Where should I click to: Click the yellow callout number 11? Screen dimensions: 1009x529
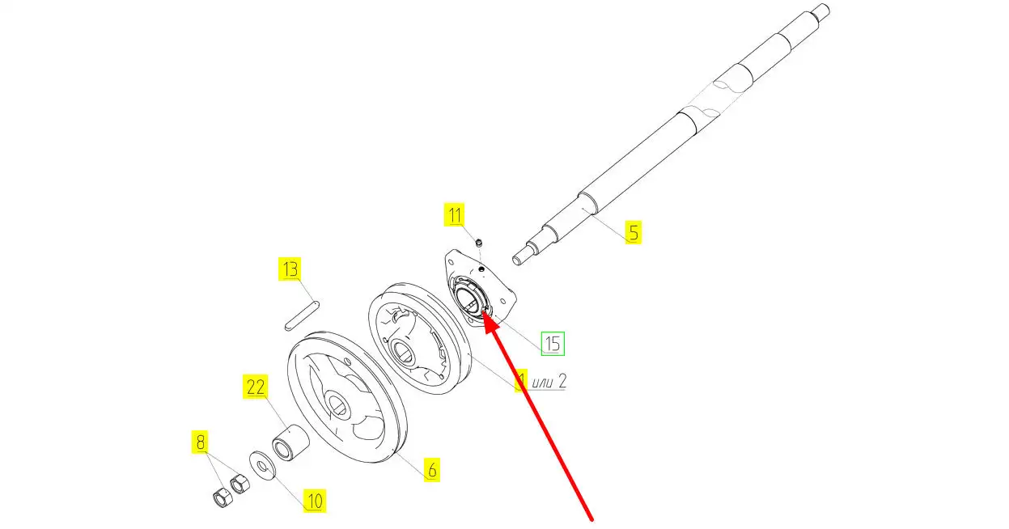[455, 214]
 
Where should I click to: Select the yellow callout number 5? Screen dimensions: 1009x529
[634, 232]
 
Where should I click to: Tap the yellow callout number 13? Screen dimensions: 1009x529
[290, 269]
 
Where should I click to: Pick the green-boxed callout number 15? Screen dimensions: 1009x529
[553, 344]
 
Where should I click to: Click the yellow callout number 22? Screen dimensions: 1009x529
[256, 387]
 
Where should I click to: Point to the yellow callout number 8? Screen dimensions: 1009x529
[200, 442]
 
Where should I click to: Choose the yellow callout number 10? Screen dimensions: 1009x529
[315, 501]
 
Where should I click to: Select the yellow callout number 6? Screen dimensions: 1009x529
[432, 470]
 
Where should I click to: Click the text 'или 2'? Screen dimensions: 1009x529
[549, 382]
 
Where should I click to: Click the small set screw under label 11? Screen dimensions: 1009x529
[479, 243]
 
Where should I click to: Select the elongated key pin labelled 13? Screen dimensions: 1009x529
[303, 315]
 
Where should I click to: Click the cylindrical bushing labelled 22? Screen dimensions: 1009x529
[290, 442]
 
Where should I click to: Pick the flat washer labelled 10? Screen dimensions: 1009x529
[264, 465]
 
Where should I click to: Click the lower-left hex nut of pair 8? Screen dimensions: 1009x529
[222, 497]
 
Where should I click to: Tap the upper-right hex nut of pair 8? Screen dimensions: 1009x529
[240, 484]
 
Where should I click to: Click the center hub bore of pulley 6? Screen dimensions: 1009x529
[337, 404]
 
